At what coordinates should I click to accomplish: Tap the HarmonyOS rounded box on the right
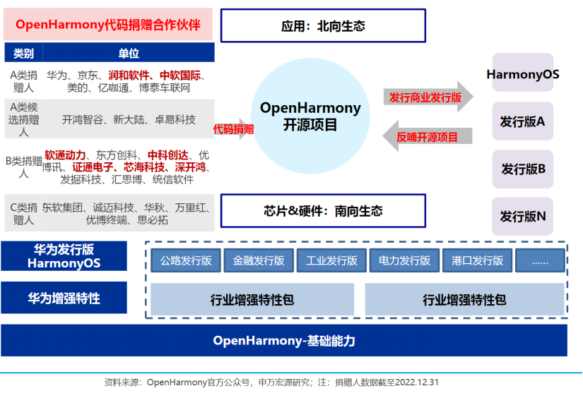(x=523, y=73)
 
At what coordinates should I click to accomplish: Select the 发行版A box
(x=523, y=121)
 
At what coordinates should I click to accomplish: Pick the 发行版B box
(x=523, y=169)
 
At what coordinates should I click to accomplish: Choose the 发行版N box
(x=523, y=216)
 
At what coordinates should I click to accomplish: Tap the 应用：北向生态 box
(x=323, y=26)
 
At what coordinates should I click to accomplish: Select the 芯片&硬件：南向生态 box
(x=323, y=210)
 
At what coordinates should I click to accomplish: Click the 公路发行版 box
(x=186, y=260)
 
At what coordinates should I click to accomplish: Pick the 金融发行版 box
(x=259, y=260)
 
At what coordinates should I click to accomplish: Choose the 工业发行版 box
(x=331, y=260)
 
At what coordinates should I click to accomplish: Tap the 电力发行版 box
(x=404, y=260)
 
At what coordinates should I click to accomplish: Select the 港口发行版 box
(x=477, y=260)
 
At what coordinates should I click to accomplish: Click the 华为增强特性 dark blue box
(x=64, y=298)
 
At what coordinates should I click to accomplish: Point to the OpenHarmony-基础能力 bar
(x=284, y=341)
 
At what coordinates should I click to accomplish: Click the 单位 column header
(x=129, y=54)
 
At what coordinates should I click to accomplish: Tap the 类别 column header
(x=23, y=54)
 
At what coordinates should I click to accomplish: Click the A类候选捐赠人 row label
(x=23, y=119)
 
